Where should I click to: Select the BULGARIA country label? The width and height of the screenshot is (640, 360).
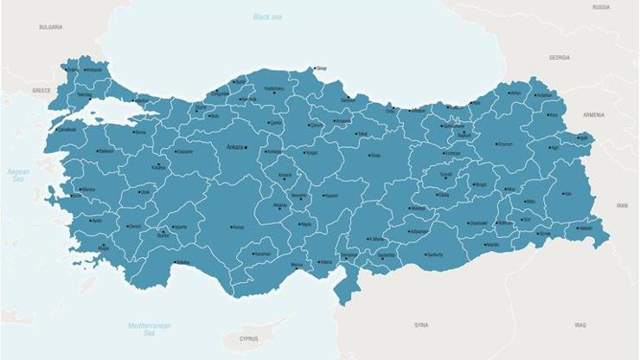pyautogui.click(x=51, y=28)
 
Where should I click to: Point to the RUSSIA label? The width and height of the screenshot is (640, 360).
pyautogui.click(x=600, y=7)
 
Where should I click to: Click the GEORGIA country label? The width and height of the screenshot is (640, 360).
pyautogui.click(x=560, y=57)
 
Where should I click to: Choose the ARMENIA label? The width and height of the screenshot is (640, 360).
pyautogui.click(x=593, y=114)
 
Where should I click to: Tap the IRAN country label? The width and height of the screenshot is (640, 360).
pyautogui.click(x=621, y=206)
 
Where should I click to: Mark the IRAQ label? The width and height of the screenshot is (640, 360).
pyautogui.click(x=579, y=325)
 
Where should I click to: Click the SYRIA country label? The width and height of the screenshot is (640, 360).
pyautogui.click(x=421, y=325)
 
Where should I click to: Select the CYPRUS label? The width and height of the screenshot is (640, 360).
pyautogui.click(x=249, y=339)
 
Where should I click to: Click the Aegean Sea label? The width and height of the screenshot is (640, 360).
pyautogui.click(x=18, y=175)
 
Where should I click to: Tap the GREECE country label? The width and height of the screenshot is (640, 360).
pyautogui.click(x=42, y=90)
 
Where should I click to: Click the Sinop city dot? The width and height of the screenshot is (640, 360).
pyautogui.click(x=315, y=67)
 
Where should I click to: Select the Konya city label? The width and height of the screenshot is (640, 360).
pyautogui.click(x=239, y=228)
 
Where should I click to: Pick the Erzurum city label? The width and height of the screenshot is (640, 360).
pyautogui.click(x=505, y=145)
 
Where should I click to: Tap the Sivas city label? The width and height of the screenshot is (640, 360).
pyautogui.click(x=375, y=156)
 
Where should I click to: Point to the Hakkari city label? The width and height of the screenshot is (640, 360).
pyautogui.click(x=586, y=228)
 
